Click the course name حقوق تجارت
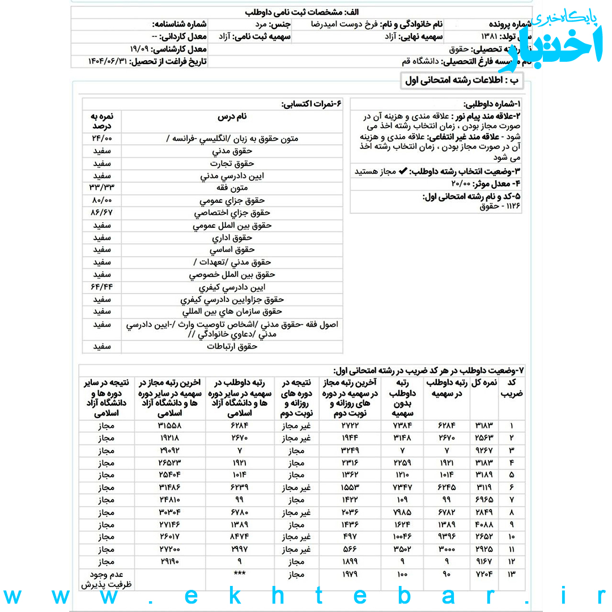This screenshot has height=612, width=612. pos(232,163)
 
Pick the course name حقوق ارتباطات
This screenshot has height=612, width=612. pos(232,346)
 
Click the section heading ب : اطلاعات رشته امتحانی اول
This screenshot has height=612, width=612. pos(462,80)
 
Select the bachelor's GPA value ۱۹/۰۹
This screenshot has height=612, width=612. pos(139,49)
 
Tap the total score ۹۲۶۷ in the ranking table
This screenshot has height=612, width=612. pos(484,450)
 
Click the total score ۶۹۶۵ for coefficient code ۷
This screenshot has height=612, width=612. pos(484,500)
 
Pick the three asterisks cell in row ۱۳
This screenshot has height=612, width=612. pos(239,573)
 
